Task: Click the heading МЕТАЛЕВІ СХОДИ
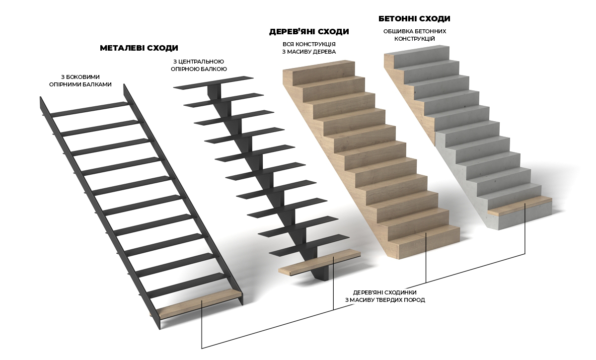click(x=139, y=48)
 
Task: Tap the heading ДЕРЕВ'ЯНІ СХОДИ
click(x=309, y=32)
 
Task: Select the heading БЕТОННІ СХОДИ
click(x=414, y=19)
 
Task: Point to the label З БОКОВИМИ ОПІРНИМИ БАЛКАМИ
click(x=80, y=80)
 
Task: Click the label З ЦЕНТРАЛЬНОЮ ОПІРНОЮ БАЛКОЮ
click(x=199, y=65)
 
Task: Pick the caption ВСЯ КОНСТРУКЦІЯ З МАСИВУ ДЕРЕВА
click(x=309, y=48)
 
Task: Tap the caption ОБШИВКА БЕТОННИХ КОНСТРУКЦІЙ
click(x=415, y=35)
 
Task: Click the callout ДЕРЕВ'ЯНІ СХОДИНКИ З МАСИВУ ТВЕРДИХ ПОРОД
click(x=385, y=296)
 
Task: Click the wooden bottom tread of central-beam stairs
click(x=319, y=262)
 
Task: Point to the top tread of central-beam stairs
click(x=214, y=82)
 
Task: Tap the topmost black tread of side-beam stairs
click(x=90, y=109)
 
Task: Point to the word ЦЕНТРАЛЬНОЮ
click(x=201, y=62)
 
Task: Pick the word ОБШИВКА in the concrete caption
click(x=396, y=31)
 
